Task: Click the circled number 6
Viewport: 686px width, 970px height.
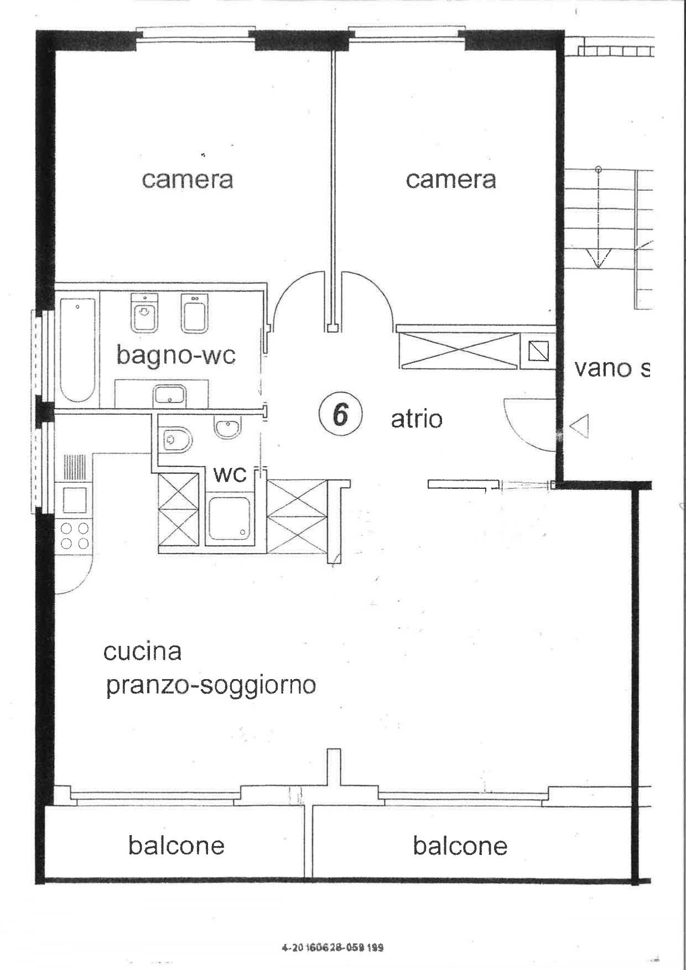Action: click(x=340, y=414)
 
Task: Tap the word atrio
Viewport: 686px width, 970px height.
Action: click(x=417, y=419)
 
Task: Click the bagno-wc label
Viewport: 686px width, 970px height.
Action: click(x=176, y=354)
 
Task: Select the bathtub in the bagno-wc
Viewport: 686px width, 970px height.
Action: click(x=77, y=350)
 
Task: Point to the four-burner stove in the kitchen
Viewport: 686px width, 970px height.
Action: click(x=75, y=535)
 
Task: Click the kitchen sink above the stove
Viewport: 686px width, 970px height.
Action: click(x=75, y=500)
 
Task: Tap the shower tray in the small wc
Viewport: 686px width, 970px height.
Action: click(x=229, y=518)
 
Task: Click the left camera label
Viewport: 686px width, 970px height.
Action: click(x=187, y=180)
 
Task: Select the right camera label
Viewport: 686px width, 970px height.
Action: click(x=450, y=180)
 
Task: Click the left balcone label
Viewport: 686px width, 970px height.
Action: click(x=176, y=846)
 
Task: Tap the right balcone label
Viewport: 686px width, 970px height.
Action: click(x=460, y=846)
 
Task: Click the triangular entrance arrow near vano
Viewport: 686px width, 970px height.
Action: click(x=579, y=426)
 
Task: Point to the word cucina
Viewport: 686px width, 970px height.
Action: click(x=142, y=651)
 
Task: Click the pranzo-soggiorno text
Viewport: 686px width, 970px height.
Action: click(x=211, y=686)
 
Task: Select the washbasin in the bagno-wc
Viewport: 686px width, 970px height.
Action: click(x=170, y=395)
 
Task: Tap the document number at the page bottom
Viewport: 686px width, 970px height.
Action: click(x=332, y=947)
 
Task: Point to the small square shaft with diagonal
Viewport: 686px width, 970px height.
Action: click(x=538, y=351)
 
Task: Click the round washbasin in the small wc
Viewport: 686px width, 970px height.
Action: click(x=227, y=427)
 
